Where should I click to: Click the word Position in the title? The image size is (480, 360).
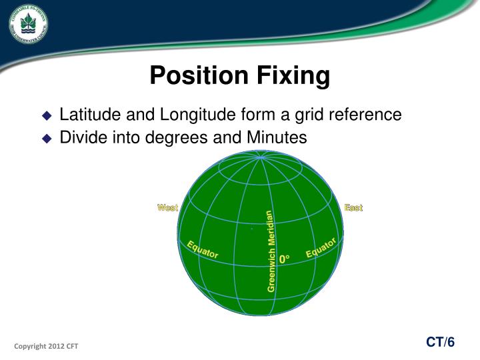[x=194, y=75]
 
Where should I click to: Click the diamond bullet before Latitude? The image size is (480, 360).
[x=46, y=115]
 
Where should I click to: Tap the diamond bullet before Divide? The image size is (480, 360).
[x=46, y=139]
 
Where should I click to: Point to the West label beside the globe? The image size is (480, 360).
[x=167, y=208]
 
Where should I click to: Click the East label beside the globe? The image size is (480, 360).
[x=353, y=208]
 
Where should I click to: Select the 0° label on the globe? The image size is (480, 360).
[x=285, y=259]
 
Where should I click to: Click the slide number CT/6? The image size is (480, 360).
[x=441, y=342]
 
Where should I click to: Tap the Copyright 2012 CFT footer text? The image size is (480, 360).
[x=46, y=346]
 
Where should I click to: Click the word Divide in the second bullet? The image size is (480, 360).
[x=82, y=138]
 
